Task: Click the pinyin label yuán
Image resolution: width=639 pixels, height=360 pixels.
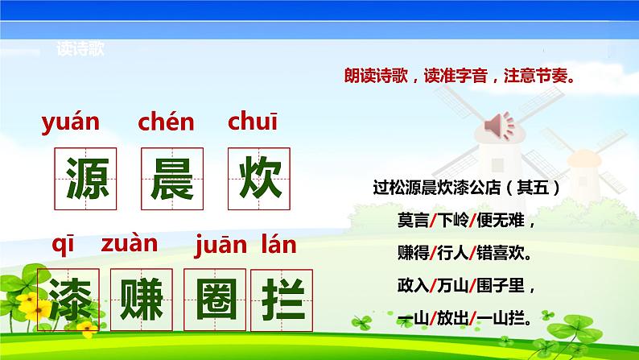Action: click(x=70, y=123)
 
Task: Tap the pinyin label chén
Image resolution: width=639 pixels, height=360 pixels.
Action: click(x=167, y=122)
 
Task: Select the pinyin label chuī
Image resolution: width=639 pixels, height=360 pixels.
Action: click(x=253, y=122)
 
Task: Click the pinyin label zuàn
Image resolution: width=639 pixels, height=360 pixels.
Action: click(x=129, y=242)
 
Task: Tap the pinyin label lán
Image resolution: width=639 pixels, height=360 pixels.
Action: click(x=278, y=242)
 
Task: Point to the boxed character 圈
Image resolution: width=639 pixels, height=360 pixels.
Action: click(x=214, y=297)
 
